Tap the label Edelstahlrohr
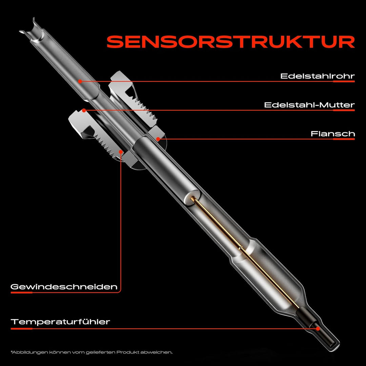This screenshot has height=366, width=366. coord(317,76)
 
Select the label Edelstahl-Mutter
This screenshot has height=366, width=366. coord(309,105)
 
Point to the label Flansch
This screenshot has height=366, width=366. coord(332,134)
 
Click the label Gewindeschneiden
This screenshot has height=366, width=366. coord(64,287)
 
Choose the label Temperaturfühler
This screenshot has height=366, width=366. coord(61,322)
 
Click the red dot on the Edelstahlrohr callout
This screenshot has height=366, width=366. coord(79,81)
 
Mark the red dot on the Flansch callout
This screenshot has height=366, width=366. coord(158,139)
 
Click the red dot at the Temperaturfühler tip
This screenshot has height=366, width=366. coord(318,328)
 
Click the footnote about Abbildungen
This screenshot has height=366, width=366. coord(91,352)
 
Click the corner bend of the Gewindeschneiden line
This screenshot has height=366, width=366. coord(120,291)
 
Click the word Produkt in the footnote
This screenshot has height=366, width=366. coord(127,352)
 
